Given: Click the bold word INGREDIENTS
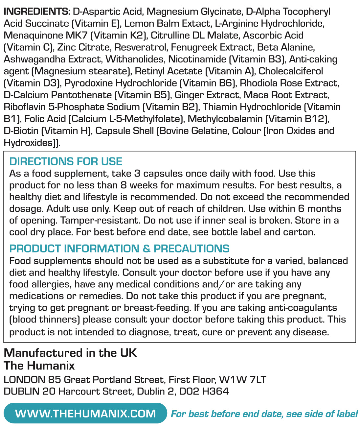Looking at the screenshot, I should point(36,12).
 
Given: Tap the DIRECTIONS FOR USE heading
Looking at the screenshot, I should point(66,161).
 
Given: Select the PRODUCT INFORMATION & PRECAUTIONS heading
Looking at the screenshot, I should point(119,249).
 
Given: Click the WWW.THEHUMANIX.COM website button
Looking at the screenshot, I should point(85,413).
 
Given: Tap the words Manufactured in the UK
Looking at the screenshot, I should point(70,353).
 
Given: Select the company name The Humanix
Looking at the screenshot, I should point(39,366).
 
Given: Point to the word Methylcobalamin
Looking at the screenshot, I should point(225,119).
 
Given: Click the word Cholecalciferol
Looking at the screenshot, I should point(291,71).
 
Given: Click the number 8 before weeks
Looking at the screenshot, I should point(124,185).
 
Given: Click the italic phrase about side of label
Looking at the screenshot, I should point(264,414).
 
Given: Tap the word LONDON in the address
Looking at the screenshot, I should point(24,380).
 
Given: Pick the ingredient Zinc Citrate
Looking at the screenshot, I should point(84,47).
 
